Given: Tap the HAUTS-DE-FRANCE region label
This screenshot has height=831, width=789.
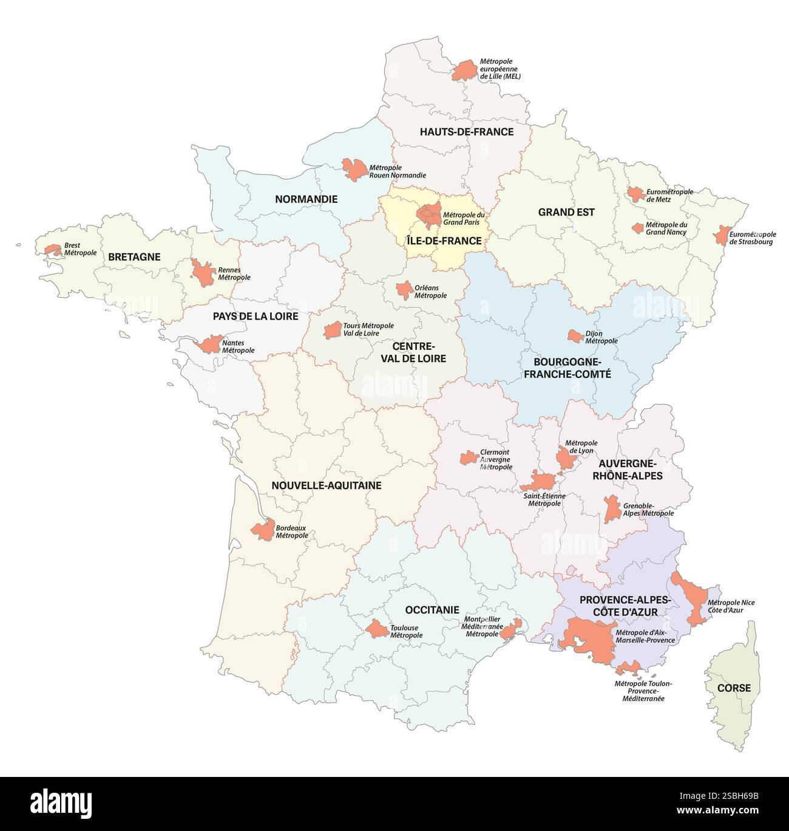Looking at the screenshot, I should (x=467, y=132).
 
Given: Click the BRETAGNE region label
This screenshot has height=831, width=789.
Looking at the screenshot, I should (x=134, y=257).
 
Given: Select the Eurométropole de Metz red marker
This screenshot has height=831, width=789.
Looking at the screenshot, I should (x=635, y=194).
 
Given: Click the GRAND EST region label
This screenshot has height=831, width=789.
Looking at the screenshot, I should (x=566, y=213).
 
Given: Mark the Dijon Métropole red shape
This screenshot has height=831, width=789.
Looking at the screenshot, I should (x=575, y=335).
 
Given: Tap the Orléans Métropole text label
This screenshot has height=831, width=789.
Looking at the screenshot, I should (x=430, y=292).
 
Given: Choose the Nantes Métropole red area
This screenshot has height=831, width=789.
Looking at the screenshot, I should (x=209, y=345).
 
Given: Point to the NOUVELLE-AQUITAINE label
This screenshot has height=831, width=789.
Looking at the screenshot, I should (x=327, y=485).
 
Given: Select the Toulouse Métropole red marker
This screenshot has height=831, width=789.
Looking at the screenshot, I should (x=379, y=629).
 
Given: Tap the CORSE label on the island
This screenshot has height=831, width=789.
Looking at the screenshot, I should (x=734, y=688).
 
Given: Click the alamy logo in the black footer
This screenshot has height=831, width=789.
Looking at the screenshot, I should (x=61, y=799).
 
